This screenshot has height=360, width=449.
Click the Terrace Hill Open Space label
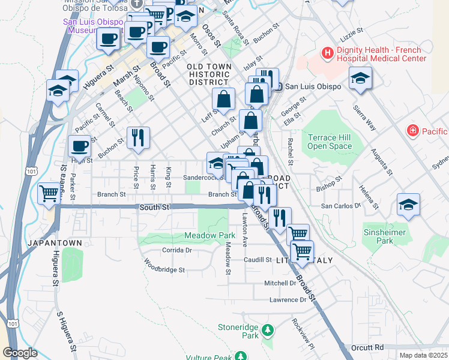[x=330, y=142]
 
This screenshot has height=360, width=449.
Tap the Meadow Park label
[x=209, y=235]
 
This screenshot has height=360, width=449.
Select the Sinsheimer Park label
[x=385, y=236]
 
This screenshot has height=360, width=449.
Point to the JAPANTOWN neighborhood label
[x=54, y=243]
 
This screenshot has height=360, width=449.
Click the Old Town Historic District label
[x=208, y=74]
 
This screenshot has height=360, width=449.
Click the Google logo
[x=20, y=353]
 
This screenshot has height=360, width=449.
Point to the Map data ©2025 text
[x=423, y=355]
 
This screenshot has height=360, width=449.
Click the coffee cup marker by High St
[x=80, y=146]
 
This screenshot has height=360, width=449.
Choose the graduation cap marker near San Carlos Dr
[x=408, y=205]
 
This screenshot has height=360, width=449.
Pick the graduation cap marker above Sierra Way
[x=360, y=78]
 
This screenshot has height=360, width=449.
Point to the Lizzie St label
[x=352, y=30]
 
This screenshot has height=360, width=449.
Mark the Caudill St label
[x=258, y=260]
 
